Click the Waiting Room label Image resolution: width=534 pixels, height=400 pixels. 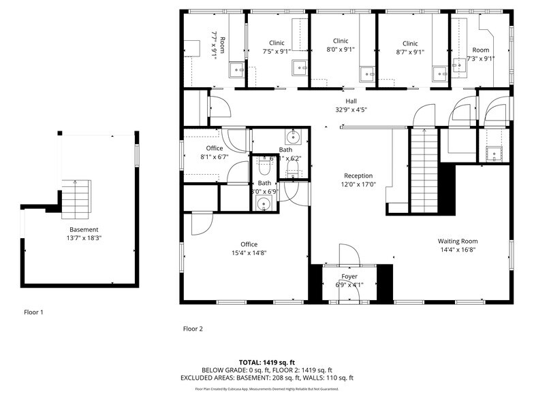457,241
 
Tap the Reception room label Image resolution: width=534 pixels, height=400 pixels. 358,176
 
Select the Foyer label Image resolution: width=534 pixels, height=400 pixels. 349,276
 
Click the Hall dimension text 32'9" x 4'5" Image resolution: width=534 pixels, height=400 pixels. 351,110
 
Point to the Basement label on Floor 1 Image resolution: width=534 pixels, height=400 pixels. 84,229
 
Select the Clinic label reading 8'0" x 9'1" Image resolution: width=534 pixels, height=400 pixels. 341,41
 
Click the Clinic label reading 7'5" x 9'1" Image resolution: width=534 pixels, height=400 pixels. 277,43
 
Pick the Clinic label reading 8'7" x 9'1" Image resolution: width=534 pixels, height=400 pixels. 409,43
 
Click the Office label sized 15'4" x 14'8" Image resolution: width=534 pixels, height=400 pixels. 249,244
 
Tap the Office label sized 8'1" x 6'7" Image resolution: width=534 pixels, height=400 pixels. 214,148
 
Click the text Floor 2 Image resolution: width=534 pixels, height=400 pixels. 193,329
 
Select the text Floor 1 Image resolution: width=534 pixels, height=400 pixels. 33,312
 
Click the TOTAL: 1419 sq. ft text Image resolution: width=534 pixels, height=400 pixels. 266,361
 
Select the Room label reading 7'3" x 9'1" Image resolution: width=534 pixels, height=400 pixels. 481,50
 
